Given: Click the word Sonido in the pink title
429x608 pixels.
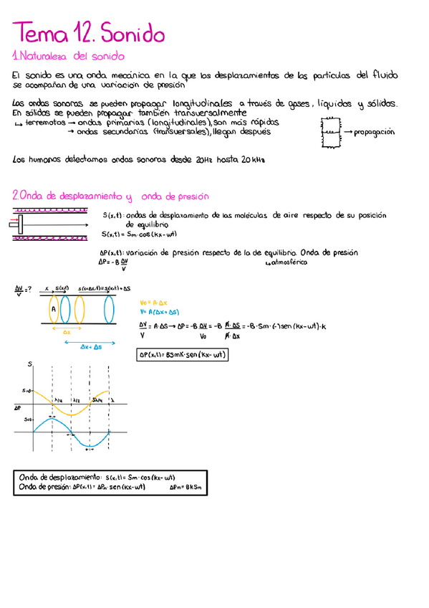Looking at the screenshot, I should click(x=132, y=33).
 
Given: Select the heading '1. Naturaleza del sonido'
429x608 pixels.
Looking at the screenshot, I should click(x=69, y=56).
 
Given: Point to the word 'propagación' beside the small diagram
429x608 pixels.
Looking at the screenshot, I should click(x=374, y=133).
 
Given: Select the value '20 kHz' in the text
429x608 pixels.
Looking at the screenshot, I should click(x=253, y=160).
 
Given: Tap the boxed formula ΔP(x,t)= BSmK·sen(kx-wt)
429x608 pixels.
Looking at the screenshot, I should click(x=182, y=353).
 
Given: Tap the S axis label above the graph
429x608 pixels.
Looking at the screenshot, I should click(x=30, y=365).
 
